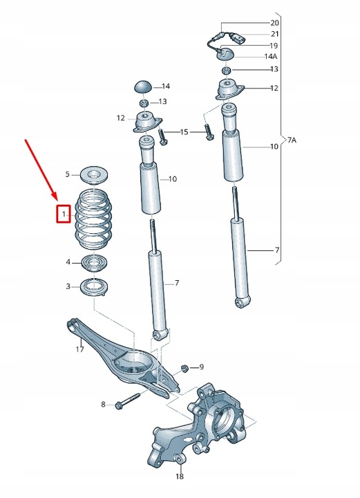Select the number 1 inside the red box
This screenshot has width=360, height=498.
pos(63,216)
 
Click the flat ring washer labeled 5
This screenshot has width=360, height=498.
pos(93,173)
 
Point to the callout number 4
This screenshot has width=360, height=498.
pos(68,262)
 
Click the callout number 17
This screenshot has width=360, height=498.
pos(80,349)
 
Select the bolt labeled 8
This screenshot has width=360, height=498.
pos(129,400)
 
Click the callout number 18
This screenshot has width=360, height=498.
pos(180,477)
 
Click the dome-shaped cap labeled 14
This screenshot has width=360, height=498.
pos(143,86)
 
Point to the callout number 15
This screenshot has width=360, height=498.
pos(184,131)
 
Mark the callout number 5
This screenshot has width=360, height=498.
pos(68,174)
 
